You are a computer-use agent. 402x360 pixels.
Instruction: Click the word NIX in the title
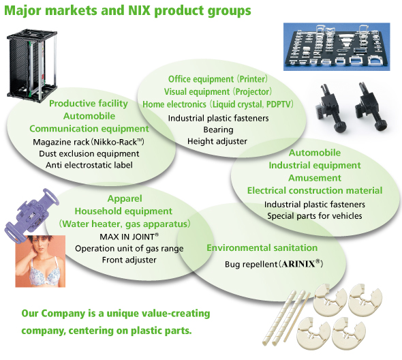point(140,10)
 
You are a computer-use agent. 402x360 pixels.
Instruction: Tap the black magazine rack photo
point(32,66)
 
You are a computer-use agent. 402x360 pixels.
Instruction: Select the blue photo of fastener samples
point(337,46)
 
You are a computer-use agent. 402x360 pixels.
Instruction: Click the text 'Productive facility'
point(89,104)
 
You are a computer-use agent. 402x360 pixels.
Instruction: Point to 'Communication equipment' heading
point(89,129)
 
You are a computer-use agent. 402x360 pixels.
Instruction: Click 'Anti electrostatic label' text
point(89,165)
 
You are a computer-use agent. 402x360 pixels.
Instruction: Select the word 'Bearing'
point(218,130)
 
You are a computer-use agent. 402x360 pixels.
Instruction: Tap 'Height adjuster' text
point(217,141)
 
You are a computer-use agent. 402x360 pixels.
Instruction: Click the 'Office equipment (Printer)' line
point(218,79)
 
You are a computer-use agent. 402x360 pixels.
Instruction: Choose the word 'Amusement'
point(315,178)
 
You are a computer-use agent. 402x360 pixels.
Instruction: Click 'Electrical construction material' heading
point(315,190)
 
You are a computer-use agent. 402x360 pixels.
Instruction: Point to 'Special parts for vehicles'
point(315,216)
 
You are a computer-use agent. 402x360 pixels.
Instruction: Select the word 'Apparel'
point(125,198)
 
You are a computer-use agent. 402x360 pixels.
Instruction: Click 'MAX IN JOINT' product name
point(129,237)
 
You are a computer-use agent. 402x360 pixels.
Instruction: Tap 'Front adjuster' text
point(129,260)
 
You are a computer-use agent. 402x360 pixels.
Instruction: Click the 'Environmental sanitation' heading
point(262,248)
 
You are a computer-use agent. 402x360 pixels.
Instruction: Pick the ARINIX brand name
point(298,264)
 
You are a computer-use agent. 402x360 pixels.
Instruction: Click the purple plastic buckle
point(31,213)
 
